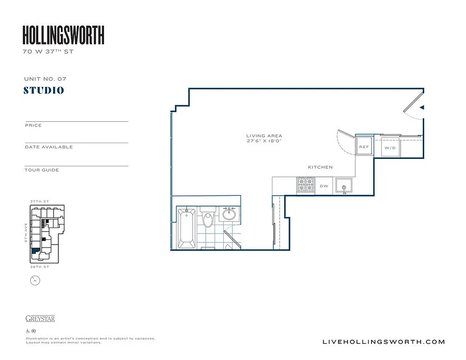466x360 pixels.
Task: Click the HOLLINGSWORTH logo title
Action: pyautogui.click(x=63, y=35)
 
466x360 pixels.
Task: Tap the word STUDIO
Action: pyautogui.click(x=44, y=90)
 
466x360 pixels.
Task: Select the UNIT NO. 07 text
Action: pyautogui.click(x=45, y=79)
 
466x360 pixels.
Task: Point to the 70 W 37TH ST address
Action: pyautogui.click(x=48, y=52)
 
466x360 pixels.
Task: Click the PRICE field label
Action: pyautogui.click(x=33, y=126)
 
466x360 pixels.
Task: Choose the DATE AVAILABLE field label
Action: pyautogui.click(x=49, y=147)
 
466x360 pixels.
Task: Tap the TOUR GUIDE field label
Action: pyautogui.click(x=42, y=170)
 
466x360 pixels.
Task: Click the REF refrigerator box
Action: pyautogui.click(x=364, y=147)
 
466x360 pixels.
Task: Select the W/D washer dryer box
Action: pyautogui.click(x=390, y=147)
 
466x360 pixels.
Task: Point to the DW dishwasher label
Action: pyautogui.click(x=324, y=185)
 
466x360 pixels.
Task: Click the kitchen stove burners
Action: pyautogui.click(x=306, y=184)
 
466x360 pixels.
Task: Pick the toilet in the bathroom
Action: pyautogui.click(x=208, y=220)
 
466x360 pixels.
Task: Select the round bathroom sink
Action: pyautogui.click(x=229, y=214)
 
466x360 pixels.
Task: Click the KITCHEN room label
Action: pyautogui.click(x=320, y=167)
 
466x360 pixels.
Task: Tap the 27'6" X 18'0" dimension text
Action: pyautogui.click(x=264, y=141)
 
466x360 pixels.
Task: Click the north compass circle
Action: pyautogui.click(x=35, y=281)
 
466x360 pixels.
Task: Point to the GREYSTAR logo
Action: pyautogui.click(x=41, y=319)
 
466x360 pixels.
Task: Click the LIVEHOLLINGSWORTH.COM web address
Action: pyautogui.click(x=384, y=342)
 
